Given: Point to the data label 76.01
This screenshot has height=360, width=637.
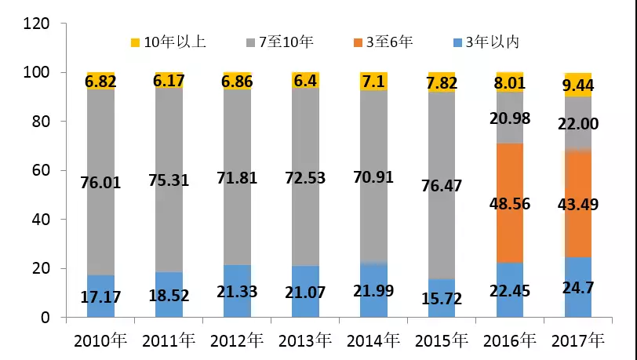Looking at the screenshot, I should pos(100,183).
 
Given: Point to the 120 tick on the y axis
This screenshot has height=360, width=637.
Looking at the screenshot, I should pos(38,24).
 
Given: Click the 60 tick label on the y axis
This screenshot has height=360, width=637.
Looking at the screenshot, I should pos(42,170).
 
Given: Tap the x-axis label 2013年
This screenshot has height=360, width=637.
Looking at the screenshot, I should pos(304,341).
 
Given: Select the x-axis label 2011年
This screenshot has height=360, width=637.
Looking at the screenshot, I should pos(168,341).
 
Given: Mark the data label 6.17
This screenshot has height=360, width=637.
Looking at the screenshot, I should pos(169,80).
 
